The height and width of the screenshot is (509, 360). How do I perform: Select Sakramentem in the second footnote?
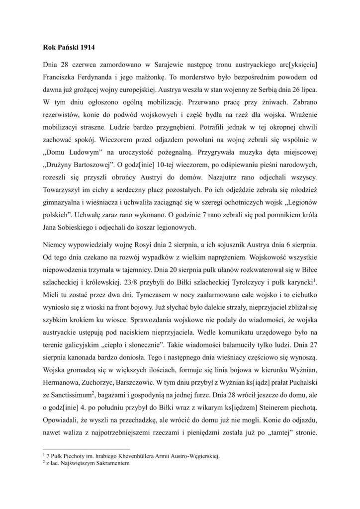(111, 463)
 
